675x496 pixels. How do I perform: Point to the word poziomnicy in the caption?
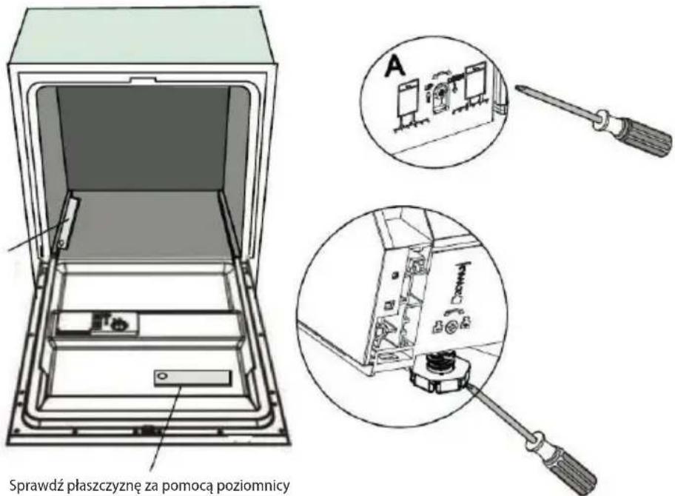pyautogui.click(x=252, y=487)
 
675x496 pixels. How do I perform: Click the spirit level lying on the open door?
pyautogui.click(x=192, y=378)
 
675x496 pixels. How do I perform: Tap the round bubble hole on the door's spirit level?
pyautogui.click(x=161, y=377)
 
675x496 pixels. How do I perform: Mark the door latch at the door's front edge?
pyautogui.click(x=147, y=429)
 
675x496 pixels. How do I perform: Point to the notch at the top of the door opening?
pyautogui.click(x=143, y=79)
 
